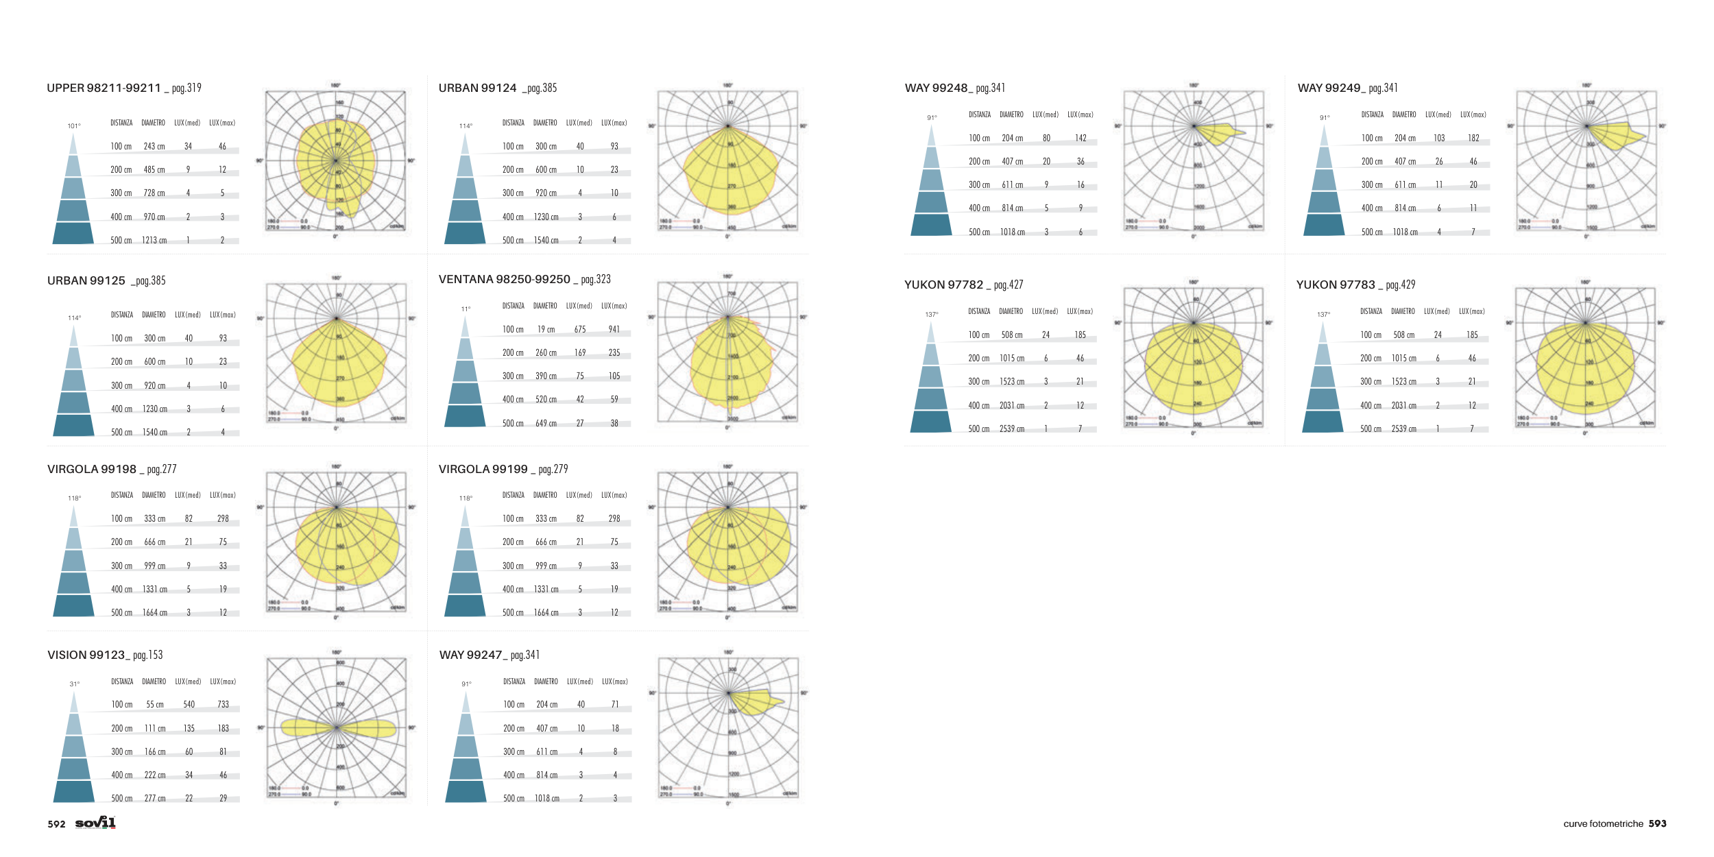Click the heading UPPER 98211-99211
(104, 88)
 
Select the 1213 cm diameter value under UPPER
(154, 241)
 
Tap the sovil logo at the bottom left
(95, 823)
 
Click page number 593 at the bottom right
(1657, 823)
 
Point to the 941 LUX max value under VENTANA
(614, 330)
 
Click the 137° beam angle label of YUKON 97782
(931, 315)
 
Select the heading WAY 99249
(1329, 88)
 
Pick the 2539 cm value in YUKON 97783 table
(1403, 429)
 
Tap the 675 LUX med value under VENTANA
(580, 330)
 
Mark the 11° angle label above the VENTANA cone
(466, 309)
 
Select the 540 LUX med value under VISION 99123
(189, 705)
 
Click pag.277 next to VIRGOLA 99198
(162, 470)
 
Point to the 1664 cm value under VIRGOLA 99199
(546, 613)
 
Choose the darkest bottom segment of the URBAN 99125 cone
(73, 425)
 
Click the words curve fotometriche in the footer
(1602, 824)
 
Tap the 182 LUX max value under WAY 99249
(1473, 138)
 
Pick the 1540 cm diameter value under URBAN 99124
(546, 241)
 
